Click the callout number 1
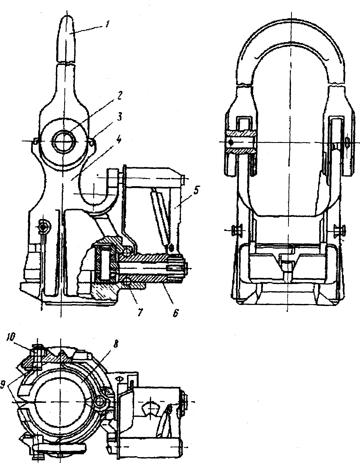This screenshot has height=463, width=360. pyautogui.click(x=107, y=24)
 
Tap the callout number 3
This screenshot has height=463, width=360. pyautogui.click(x=120, y=117)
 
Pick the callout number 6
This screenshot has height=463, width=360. pyautogui.click(x=175, y=312)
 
